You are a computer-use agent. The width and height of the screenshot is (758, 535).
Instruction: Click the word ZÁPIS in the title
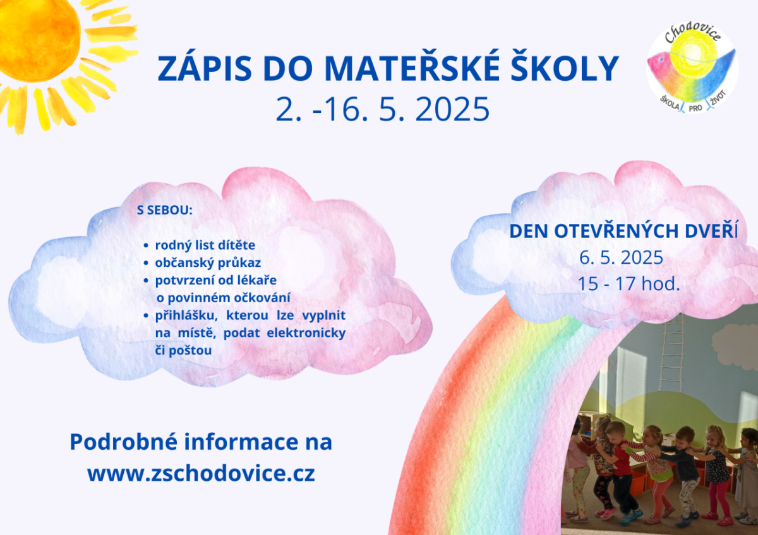[205, 68]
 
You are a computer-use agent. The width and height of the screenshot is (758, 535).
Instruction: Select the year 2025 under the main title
[452, 109]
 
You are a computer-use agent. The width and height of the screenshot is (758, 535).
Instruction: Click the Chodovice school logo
[692, 68]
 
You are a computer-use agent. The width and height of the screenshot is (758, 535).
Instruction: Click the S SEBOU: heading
[164, 210]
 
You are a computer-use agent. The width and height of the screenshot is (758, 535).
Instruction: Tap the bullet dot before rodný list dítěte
[146, 245]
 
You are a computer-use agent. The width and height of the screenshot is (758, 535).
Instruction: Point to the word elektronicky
[306, 332]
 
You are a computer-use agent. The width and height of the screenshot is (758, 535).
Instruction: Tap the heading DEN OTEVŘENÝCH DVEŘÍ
[623, 231]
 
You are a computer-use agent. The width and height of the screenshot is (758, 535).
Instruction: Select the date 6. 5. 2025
[621, 257]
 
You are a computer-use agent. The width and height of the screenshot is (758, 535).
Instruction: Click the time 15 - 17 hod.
[629, 283]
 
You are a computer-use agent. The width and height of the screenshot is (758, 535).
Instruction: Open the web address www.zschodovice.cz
[201, 474]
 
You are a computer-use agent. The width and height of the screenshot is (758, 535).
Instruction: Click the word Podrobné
[124, 442]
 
